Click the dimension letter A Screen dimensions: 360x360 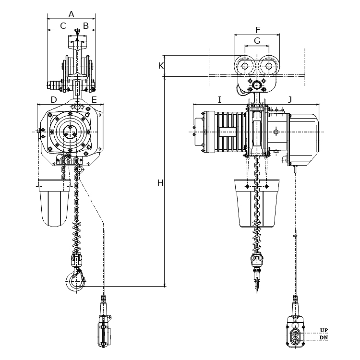click(72, 14)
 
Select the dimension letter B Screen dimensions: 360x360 click(86, 26)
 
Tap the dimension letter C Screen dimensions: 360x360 click(63, 26)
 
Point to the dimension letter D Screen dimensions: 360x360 click(54, 100)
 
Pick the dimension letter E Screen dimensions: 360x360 click(94, 100)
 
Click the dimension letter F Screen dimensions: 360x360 click(258, 30)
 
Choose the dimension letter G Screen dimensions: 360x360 click(257, 41)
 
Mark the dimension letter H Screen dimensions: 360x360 click(160, 183)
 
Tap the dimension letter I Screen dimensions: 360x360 click(220, 100)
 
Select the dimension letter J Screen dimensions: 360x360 click(290, 100)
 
